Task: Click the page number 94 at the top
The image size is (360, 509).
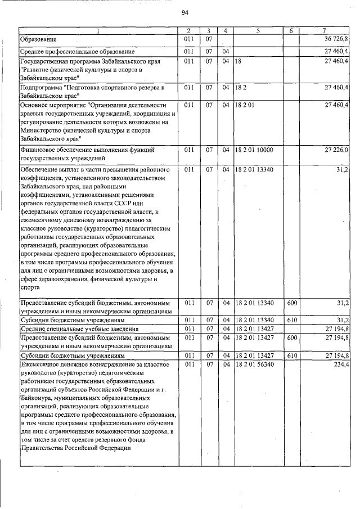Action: click(184, 13)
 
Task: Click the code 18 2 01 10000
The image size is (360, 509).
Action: click(254, 150)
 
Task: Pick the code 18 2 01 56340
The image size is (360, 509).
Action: click(254, 365)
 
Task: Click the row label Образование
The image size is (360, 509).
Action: click(38, 39)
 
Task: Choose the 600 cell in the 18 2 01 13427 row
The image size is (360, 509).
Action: click(291, 337)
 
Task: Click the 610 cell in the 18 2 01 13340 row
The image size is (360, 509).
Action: click(291, 320)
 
